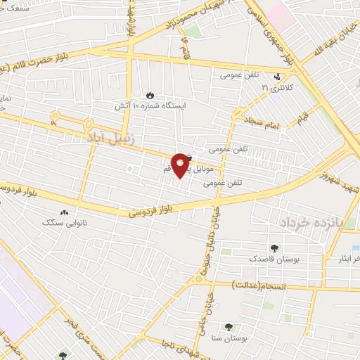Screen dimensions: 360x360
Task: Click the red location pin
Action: pos(181,165)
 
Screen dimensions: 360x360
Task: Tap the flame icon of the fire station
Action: pos(149,95)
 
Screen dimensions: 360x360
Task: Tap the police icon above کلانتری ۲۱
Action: pos(276,76)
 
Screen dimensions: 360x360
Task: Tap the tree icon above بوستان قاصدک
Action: pos(275,248)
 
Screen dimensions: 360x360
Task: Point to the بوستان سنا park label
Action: pos(229,337)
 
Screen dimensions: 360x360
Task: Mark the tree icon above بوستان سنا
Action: pos(229,327)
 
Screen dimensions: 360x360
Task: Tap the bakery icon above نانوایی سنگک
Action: pos(65,212)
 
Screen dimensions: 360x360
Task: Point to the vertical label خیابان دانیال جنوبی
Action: pos(210,232)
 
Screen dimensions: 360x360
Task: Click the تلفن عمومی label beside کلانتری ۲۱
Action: pos(239,75)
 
